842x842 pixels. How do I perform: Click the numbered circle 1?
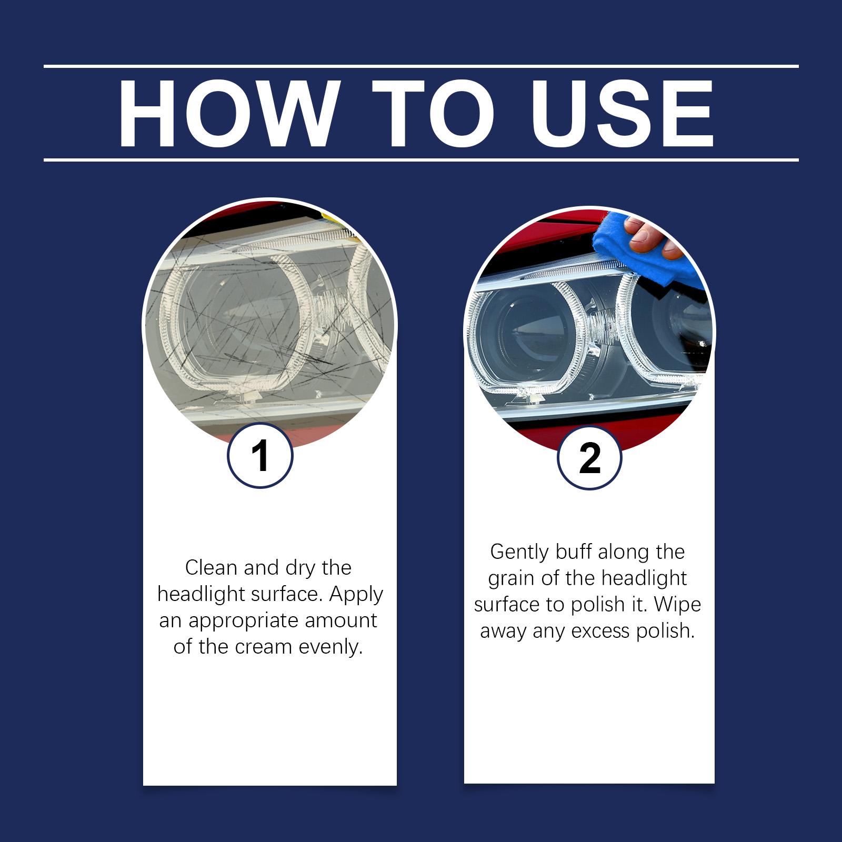(260, 456)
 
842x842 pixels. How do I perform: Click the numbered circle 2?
(589, 458)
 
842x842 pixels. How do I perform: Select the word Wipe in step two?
(677, 605)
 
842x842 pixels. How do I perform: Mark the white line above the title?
(421, 66)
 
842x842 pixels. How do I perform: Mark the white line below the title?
(421, 159)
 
